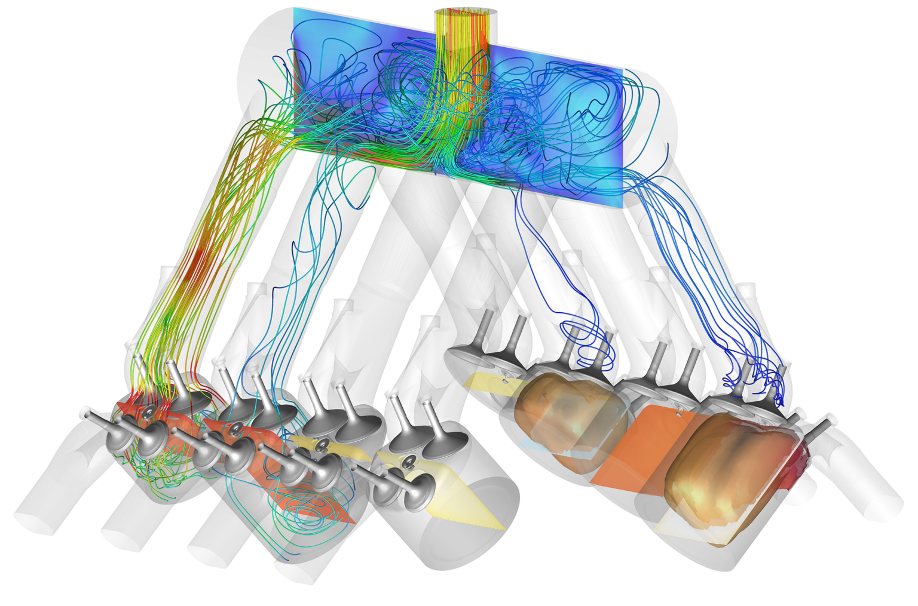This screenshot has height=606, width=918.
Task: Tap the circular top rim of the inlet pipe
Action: click(x=466, y=11)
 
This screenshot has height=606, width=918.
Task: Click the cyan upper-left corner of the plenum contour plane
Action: click(x=299, y=15)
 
